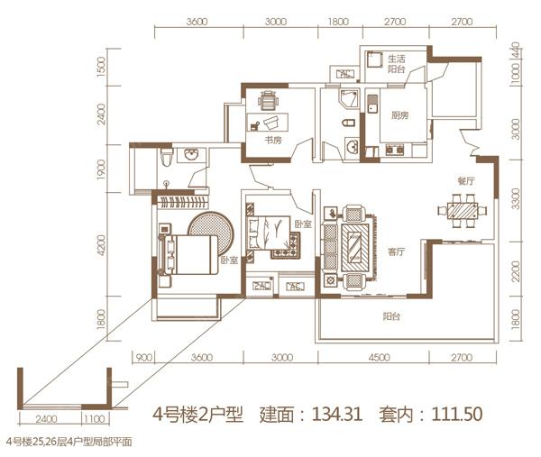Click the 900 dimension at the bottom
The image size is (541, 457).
pos(142,358)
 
